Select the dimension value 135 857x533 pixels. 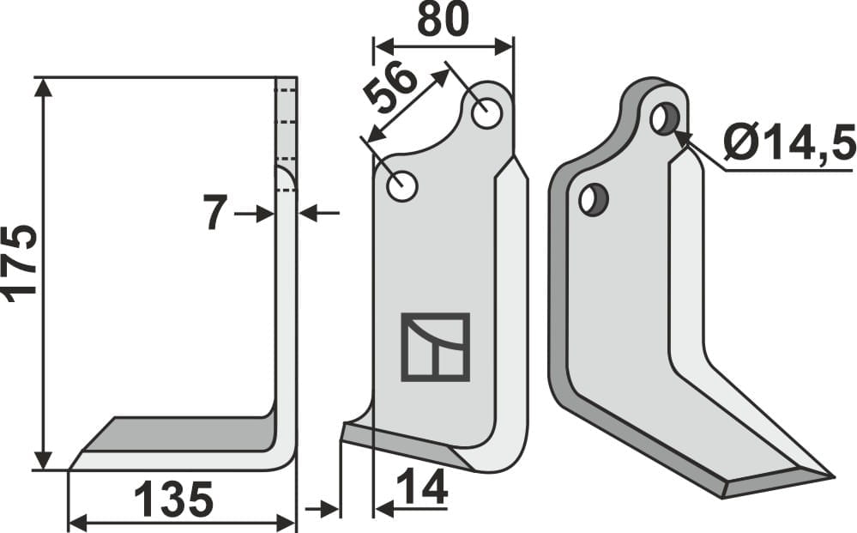click(173, 500)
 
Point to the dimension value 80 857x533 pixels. click(443, 21)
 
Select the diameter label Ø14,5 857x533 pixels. click(790, 142)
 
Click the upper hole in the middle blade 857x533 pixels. click(487, 113)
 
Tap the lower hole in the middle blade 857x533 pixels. click(401, 185)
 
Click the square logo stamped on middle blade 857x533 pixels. click(436, 347)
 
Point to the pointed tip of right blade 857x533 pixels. click(830, 475)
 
